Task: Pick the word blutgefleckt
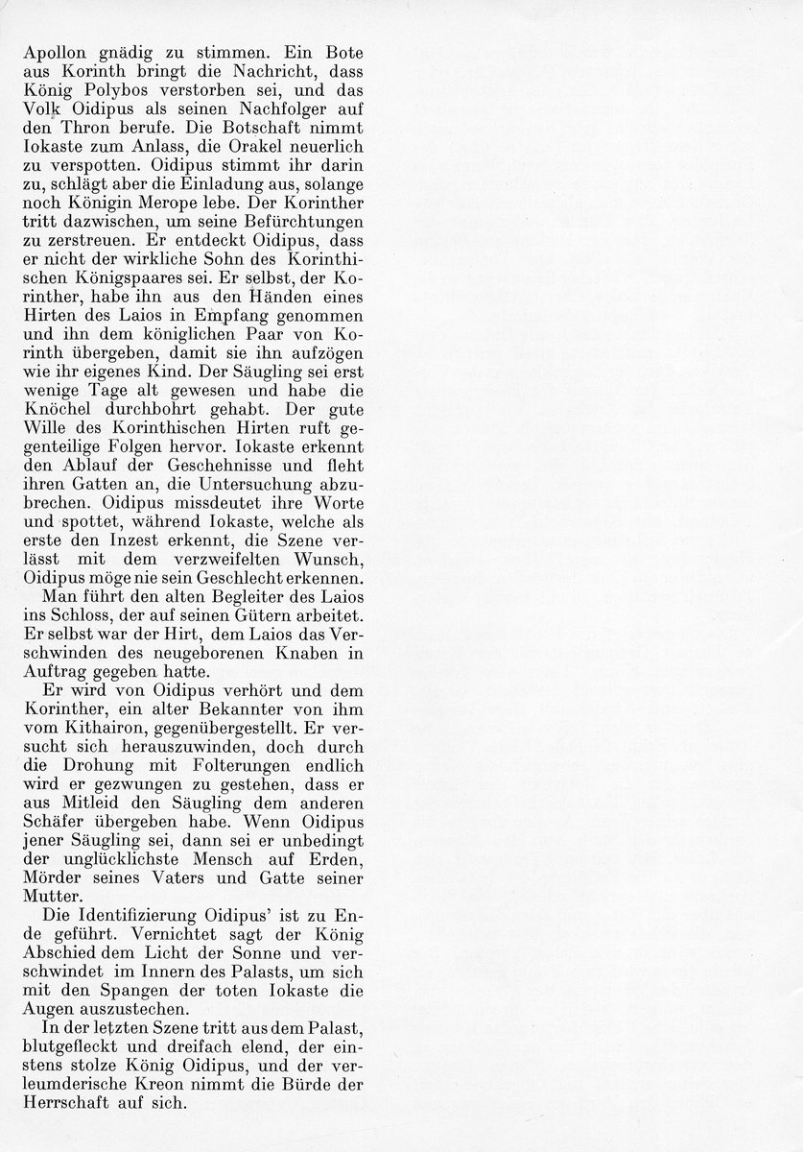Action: [x=75, y=1071]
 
